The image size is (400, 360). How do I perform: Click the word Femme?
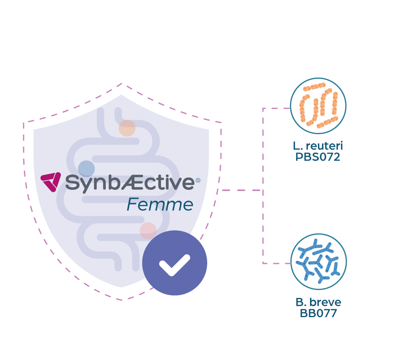coord(160,205)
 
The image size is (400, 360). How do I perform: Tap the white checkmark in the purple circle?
coord(174,265)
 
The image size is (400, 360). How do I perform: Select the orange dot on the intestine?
coord(127,128)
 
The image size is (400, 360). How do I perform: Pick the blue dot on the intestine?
coord(86,169)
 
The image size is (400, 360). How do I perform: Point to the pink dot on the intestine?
coord(148,231)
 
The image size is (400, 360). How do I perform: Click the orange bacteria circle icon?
coord(318,106)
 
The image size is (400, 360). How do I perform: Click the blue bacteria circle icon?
coord(319,261)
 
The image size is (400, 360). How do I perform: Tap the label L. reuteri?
coord(318,146)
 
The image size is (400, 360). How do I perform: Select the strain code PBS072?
coord(318,157)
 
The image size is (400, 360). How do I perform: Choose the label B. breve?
coord(318,302)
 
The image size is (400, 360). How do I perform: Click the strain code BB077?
coord(318,313)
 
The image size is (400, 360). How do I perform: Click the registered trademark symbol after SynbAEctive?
coord(198,181)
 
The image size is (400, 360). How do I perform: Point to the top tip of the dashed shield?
coord(122,83)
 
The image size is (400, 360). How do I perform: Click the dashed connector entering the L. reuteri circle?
coord(276,108)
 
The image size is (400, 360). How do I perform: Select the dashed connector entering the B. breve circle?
coord(277,263)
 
